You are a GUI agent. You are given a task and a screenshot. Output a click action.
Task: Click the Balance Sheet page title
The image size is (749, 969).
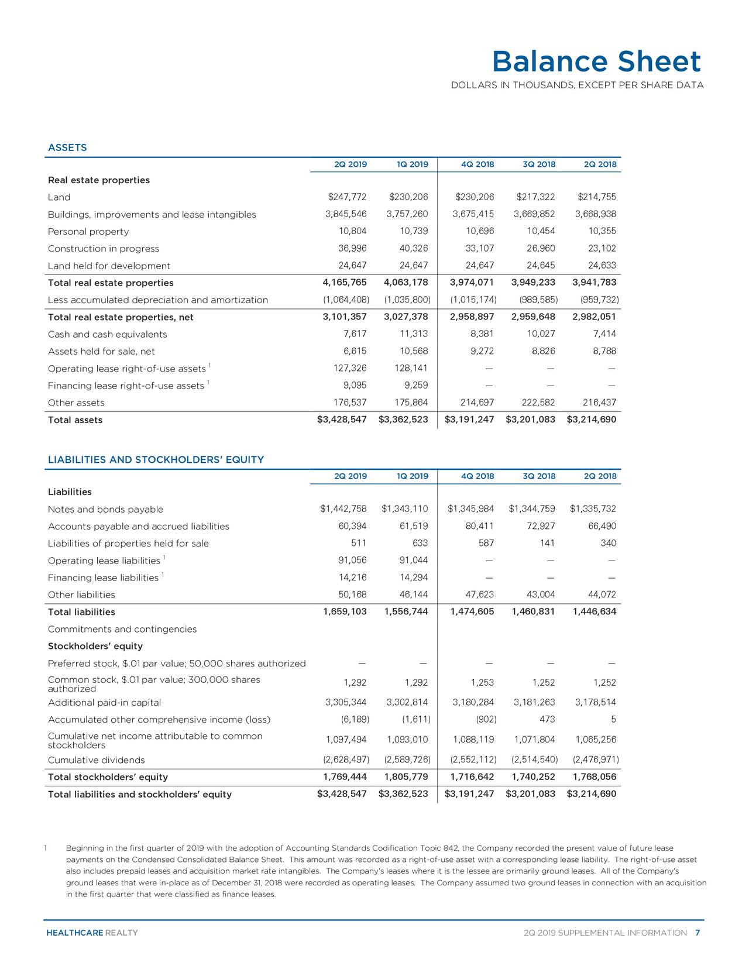click(x=596, y=62)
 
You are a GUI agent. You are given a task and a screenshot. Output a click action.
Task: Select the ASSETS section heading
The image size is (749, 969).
click(x=67, y=147)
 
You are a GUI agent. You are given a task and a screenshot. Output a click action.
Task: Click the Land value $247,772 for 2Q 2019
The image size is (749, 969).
click(x=347, y=197)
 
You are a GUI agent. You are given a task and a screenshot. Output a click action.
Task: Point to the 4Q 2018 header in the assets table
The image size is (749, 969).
click(x=477, y=164)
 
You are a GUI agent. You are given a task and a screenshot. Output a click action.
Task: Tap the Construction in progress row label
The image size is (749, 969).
click(x=104, y=249)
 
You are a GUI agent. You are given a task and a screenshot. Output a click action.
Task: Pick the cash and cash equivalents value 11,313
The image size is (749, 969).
click(x=413, y=334)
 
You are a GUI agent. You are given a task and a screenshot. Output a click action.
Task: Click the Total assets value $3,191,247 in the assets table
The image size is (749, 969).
click(x=469, y=420)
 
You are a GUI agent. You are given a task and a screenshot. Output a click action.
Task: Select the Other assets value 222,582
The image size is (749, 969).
click(x=535, y=403)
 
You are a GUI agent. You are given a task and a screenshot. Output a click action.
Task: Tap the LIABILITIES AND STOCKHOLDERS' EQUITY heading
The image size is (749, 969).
click(x=156, y=459)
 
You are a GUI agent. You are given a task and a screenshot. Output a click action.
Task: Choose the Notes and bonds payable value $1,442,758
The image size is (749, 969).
click(x=343, y=509)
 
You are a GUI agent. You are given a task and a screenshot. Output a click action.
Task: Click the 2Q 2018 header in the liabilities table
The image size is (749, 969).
click(x=600, y=476)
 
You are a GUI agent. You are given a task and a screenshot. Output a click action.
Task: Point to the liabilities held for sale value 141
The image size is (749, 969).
click(x=547, y=543)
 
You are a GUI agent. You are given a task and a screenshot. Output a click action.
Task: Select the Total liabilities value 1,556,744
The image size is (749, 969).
click(x=406, y=612)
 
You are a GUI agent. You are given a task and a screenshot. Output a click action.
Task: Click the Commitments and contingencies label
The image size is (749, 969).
click(x=122, y=629)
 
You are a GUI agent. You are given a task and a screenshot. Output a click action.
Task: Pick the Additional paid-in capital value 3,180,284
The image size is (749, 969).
click(x=473, y=702)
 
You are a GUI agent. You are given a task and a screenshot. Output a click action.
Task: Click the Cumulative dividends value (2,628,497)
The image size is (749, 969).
click(x=346, y=760)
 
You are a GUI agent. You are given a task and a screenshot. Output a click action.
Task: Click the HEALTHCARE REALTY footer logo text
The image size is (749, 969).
click(x=92, y=933)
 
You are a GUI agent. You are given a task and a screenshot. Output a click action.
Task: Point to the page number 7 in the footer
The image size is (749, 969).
click(x=698, y=933)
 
